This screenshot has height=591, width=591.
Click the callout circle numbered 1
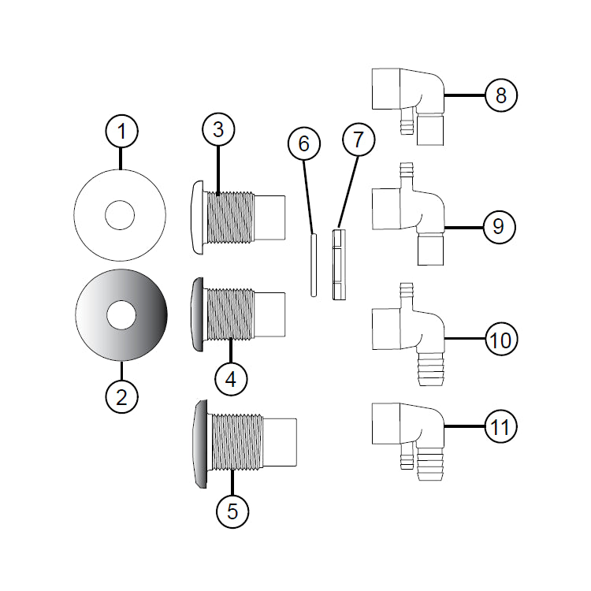coord(121,132)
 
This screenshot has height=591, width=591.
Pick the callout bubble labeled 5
coord(232,511)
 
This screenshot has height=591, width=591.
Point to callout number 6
coord(304,144)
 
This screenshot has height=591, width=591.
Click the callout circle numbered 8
coord(501,95)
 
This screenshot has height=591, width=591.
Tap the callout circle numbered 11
coord(501,428)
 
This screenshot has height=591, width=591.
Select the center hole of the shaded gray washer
coord(121,316)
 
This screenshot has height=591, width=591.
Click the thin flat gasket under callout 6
coord(313,264)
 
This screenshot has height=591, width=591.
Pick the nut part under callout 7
coord(340,265)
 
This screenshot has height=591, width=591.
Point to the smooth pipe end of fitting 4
coord(269,316)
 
